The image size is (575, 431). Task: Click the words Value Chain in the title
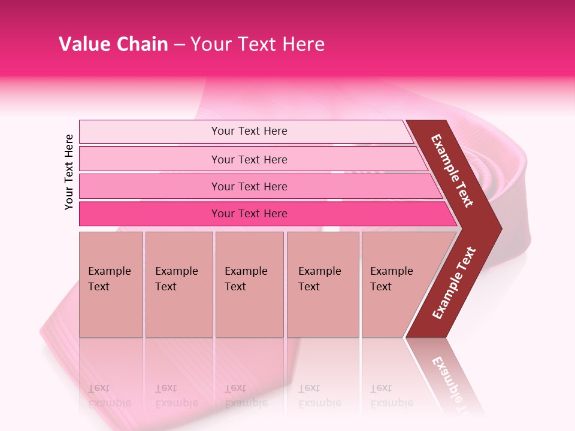pyautogui.click(x=113, y=44)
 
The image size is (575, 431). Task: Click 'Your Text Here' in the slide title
pyautogui.click(x=258, y=44)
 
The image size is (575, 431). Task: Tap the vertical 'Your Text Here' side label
pyautogui.click(x=69, y=172)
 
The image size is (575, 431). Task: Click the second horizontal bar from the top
pyautogui.click(x=249, y=159)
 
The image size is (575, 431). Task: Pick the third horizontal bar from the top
pyautogui.click(x=249, y=186)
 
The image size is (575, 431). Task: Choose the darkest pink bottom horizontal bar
pyautogui.click(x=249, y=214)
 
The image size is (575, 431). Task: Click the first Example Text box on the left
pyautogui.click(x=111, y=284)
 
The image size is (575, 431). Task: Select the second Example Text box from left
pyautogui.click(x=178, y=284)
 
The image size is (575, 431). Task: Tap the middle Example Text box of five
pyautogui.click(x=249, y=284)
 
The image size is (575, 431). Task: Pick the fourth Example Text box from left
pyautogui.click(x=322, y=284)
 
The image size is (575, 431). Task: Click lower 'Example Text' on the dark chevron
pyautogui.click(x=454, y=283)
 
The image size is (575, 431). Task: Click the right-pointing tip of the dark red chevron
pyautogui.click(x=498, y=229)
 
